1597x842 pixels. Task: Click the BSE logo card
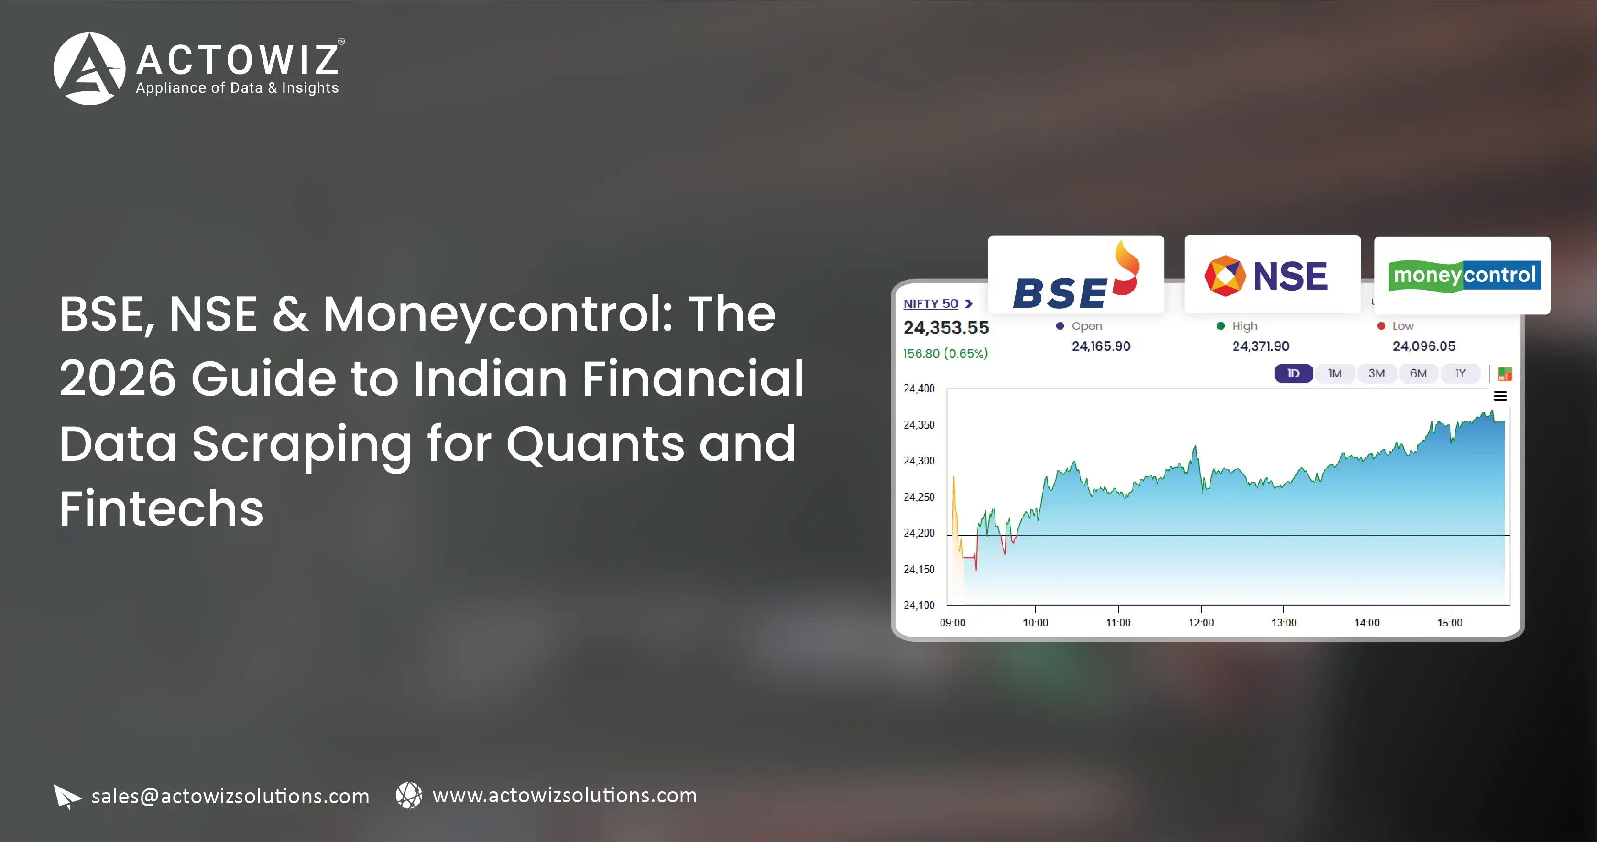coord(1076,274)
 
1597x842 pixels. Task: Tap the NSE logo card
coord(1272,274)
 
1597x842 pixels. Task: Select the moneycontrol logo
coord(1464,276)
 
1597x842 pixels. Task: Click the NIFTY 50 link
coord(937,303)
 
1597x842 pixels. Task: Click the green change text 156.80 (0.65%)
coord(945,354)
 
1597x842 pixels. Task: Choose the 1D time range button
coord(1293,374)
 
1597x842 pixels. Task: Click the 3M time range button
coord(1376,374)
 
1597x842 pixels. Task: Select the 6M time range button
coord(1419,374)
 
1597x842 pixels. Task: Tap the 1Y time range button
coord(1460,374)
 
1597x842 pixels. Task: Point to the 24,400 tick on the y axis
coord(919,389)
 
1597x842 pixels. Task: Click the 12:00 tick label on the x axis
coord(1201,623)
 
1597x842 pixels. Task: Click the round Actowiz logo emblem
coord(89,69)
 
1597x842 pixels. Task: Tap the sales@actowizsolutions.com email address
coord(230,796)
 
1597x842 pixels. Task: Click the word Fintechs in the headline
coord(161,508)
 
